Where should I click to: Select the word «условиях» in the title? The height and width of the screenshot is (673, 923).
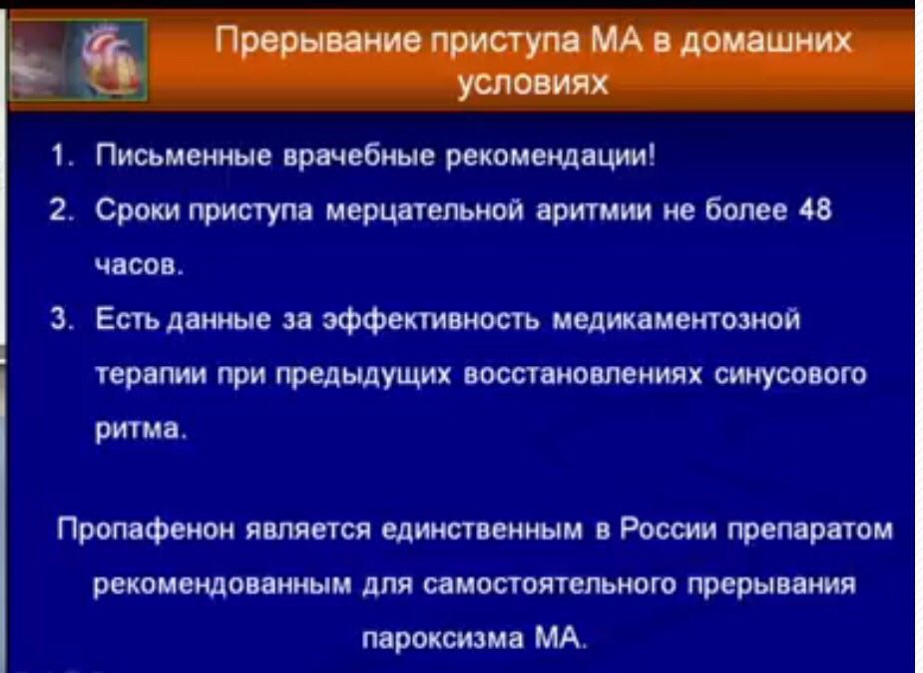tap(533, 84)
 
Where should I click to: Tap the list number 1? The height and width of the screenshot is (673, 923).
tap(58, 158)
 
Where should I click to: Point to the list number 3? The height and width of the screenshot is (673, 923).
tap(58, 320)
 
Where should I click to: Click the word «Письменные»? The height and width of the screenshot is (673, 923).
tap(184, 158)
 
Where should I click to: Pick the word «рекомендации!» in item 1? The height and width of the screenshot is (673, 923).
tap(551, 158)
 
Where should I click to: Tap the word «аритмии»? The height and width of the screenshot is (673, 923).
tap(594, 210)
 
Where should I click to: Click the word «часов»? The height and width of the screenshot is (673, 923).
tap(139, 265)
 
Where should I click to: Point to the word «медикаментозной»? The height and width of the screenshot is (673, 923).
tap(676, 321)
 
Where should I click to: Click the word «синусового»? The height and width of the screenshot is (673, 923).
tap(790, 375)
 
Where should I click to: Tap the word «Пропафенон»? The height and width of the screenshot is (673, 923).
tap(148, 530)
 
